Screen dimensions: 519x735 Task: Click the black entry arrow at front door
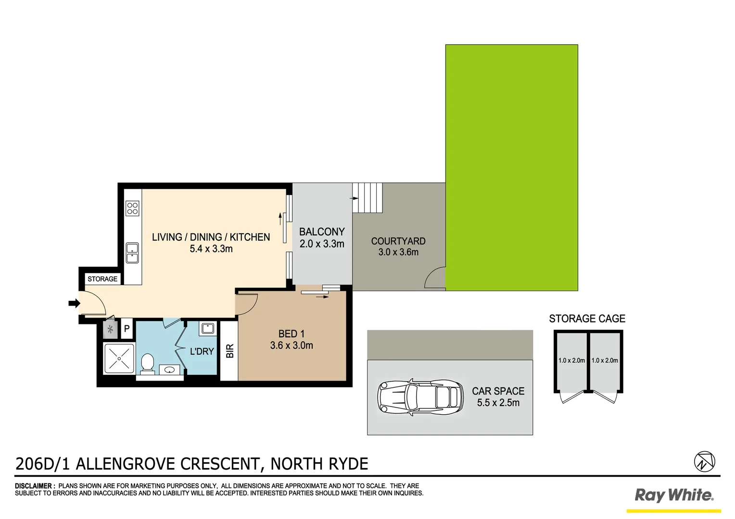point(74,303)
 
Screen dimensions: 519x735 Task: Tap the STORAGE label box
point(102,279)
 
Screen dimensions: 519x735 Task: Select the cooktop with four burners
point(132,209)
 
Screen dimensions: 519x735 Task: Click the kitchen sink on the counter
point(132,253)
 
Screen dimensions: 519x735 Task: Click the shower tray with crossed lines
point(119,358)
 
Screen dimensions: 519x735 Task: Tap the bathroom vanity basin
point(169,370)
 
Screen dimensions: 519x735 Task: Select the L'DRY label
point(202,351)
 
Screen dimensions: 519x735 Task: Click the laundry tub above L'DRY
point(208,329)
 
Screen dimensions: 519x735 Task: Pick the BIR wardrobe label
point(229,351)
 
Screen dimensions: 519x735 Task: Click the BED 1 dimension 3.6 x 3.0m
point(291,346)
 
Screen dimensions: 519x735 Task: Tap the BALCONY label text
point(322,232)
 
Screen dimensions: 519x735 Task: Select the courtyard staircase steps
point(368,198)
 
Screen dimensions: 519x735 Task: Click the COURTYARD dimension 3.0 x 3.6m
point(398,252)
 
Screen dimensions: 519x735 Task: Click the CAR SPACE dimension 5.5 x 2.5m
point(498,403)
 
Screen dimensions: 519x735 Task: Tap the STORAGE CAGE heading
point(587,319)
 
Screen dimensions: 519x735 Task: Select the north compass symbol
point(704,461)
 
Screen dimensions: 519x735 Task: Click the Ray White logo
point(674,495)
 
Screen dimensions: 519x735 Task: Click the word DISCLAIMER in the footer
point(35,486)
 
